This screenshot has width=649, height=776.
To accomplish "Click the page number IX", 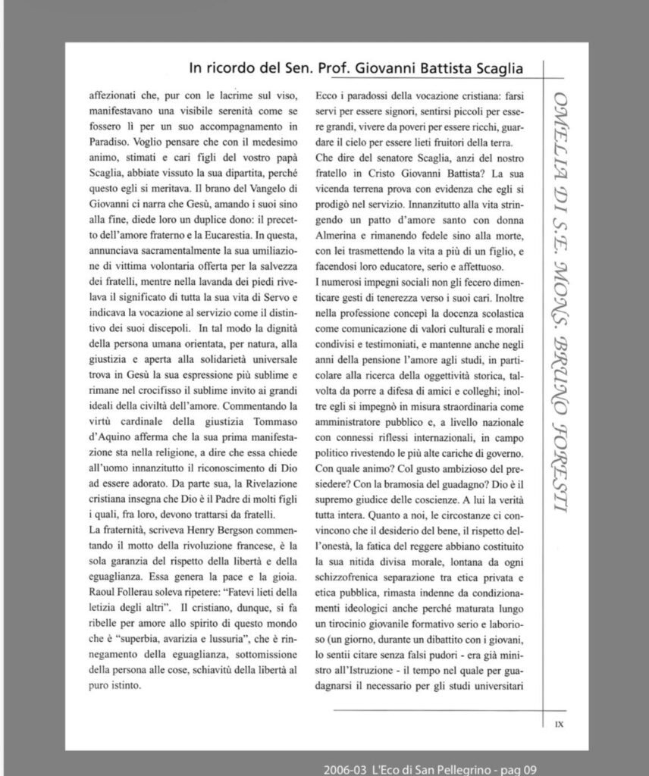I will tap(559, 724).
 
